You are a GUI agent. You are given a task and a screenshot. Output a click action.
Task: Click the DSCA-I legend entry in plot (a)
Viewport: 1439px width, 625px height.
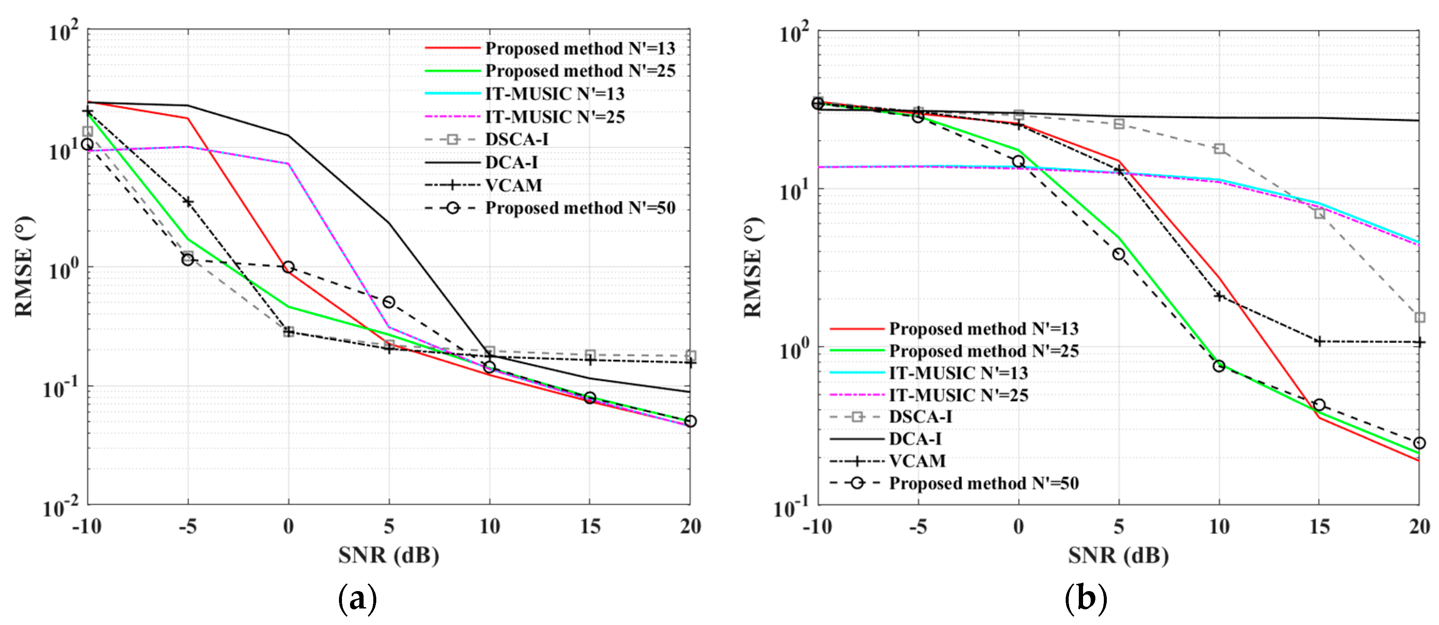point(516,139)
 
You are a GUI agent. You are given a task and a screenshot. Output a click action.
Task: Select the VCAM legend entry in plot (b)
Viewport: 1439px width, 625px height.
point(917,461)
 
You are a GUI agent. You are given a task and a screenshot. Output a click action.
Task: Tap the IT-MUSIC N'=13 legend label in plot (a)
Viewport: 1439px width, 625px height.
point(554,94)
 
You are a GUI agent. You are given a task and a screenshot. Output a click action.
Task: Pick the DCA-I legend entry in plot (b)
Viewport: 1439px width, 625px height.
point(915,439)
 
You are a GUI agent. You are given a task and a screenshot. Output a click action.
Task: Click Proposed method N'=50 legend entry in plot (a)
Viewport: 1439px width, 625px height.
point(580,208)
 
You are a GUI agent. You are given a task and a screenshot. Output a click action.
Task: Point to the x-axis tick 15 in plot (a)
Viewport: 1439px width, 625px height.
point(590,526)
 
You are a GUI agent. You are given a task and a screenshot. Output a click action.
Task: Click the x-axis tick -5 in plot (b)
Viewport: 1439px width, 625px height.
point(918,527)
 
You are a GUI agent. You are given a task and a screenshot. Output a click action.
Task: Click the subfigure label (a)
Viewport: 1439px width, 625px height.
point(358,599)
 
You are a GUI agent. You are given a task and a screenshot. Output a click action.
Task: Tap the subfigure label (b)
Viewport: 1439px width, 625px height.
point(1086,599)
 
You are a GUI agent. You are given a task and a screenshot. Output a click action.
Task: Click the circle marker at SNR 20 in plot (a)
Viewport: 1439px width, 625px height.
point(690,421)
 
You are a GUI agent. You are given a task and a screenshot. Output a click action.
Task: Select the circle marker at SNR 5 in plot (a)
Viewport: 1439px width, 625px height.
point(389,302)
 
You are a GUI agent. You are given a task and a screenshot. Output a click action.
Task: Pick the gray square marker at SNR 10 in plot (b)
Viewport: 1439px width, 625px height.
point(1220,149)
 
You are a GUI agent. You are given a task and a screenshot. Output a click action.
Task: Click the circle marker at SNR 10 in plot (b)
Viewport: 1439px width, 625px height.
point(1219,366)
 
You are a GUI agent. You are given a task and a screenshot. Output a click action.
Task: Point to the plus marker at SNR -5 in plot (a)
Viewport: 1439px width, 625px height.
point(188,202)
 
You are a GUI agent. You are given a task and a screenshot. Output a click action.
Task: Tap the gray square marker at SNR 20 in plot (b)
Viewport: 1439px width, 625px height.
point(1420,317)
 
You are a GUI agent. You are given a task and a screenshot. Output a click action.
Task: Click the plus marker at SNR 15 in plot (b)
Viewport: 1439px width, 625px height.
point(1319,341)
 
